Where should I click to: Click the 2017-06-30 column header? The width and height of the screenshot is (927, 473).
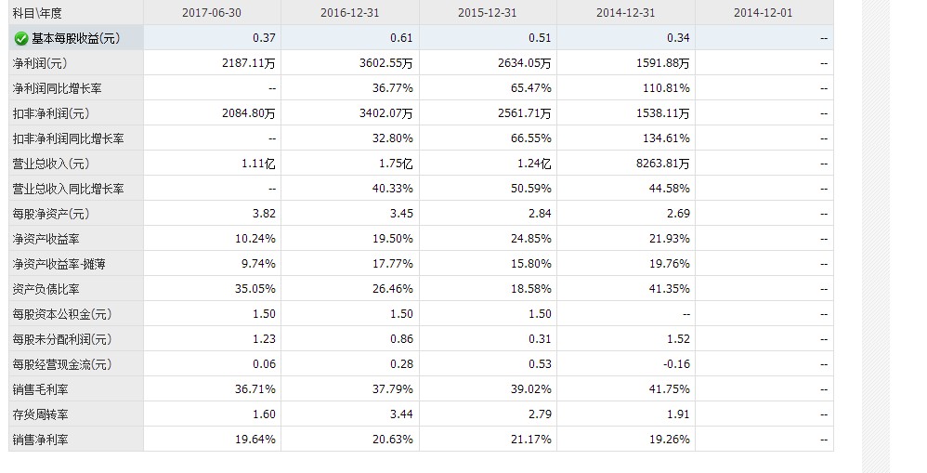click(213, 13)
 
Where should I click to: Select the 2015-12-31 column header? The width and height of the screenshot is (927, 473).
click(488, 13)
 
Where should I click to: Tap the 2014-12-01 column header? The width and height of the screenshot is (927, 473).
click(763, 13)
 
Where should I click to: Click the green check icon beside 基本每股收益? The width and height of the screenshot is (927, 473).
click(20, 38)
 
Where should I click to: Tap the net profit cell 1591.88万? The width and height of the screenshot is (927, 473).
click(660, 63)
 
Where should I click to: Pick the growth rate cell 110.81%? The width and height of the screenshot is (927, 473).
click(668, 88)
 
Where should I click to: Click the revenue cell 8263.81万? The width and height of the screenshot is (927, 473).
click(660, 164)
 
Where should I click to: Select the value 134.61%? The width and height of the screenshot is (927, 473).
click(668, 138)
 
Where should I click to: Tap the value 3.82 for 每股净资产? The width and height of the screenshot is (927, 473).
click(264, 214)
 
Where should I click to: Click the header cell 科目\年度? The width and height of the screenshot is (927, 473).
click(36, 13)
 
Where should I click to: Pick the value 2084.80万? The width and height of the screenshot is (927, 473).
click(248, 113)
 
